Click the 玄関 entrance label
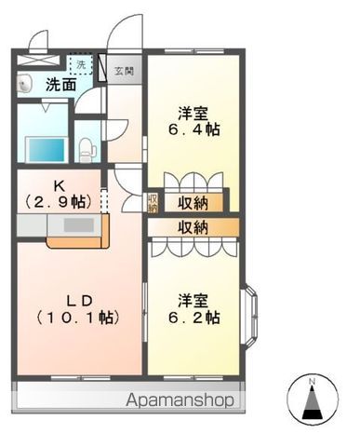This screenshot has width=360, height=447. tap(124, 69)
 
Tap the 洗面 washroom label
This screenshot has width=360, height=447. tap(61, 85)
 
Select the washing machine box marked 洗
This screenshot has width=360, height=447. tap(80, 65)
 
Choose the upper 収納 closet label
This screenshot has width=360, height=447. tap(194, 202)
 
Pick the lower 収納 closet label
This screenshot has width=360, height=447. tap(194, 226)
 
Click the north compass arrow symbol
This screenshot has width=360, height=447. tap(313, 405)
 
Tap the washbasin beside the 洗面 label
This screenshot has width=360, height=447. tap(26, 83)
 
